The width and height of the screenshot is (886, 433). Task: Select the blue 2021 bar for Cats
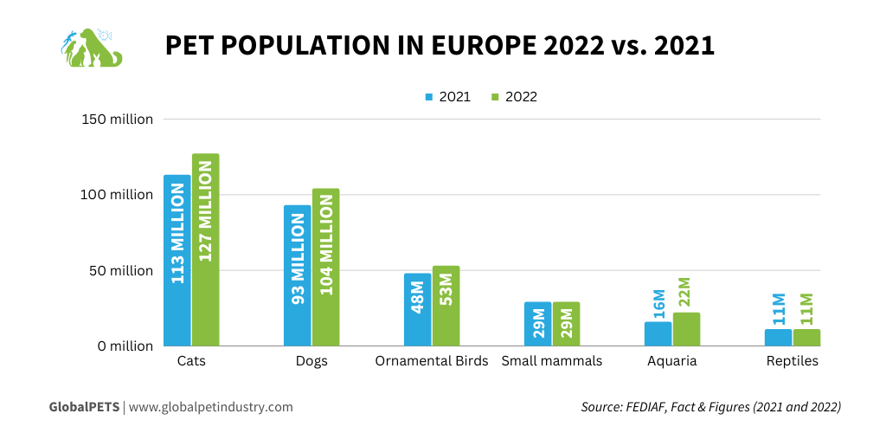177,260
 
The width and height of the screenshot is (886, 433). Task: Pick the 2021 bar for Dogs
297,275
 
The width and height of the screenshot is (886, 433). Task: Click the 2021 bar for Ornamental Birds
417,309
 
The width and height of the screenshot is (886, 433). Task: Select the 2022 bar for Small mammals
566,324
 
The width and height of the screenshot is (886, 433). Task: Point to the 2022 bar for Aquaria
686,329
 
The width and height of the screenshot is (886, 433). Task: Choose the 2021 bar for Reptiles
778,338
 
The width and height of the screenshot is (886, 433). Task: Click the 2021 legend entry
447,97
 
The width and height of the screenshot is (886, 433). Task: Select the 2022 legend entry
514,97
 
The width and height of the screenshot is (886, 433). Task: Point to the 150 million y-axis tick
118,120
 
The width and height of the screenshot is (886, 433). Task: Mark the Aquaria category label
671,361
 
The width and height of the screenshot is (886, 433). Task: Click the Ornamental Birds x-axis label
431,361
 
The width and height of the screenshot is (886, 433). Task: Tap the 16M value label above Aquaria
658,304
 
